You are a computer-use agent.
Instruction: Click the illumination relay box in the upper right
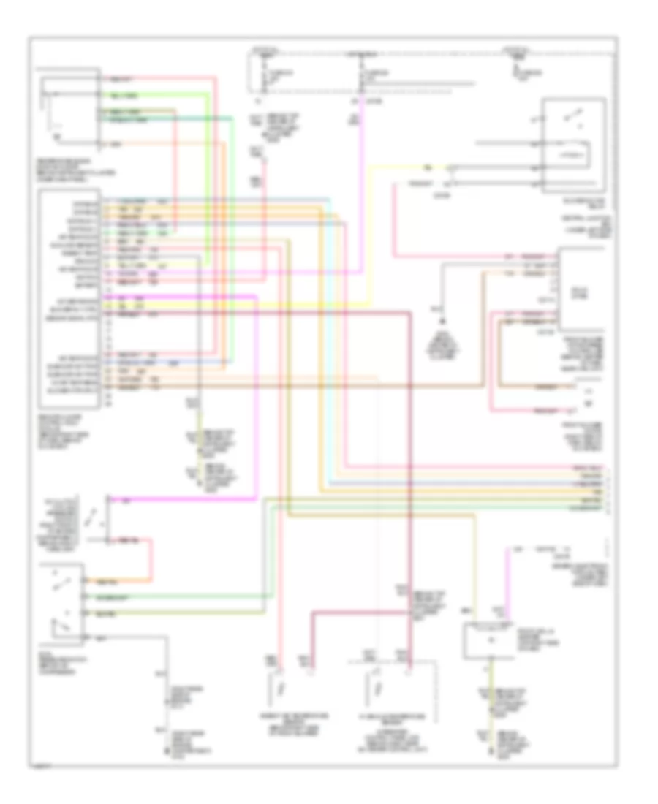pos(572,145)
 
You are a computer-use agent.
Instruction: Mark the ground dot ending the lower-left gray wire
pos(161,729)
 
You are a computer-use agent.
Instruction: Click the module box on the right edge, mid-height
pos(582,288)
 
